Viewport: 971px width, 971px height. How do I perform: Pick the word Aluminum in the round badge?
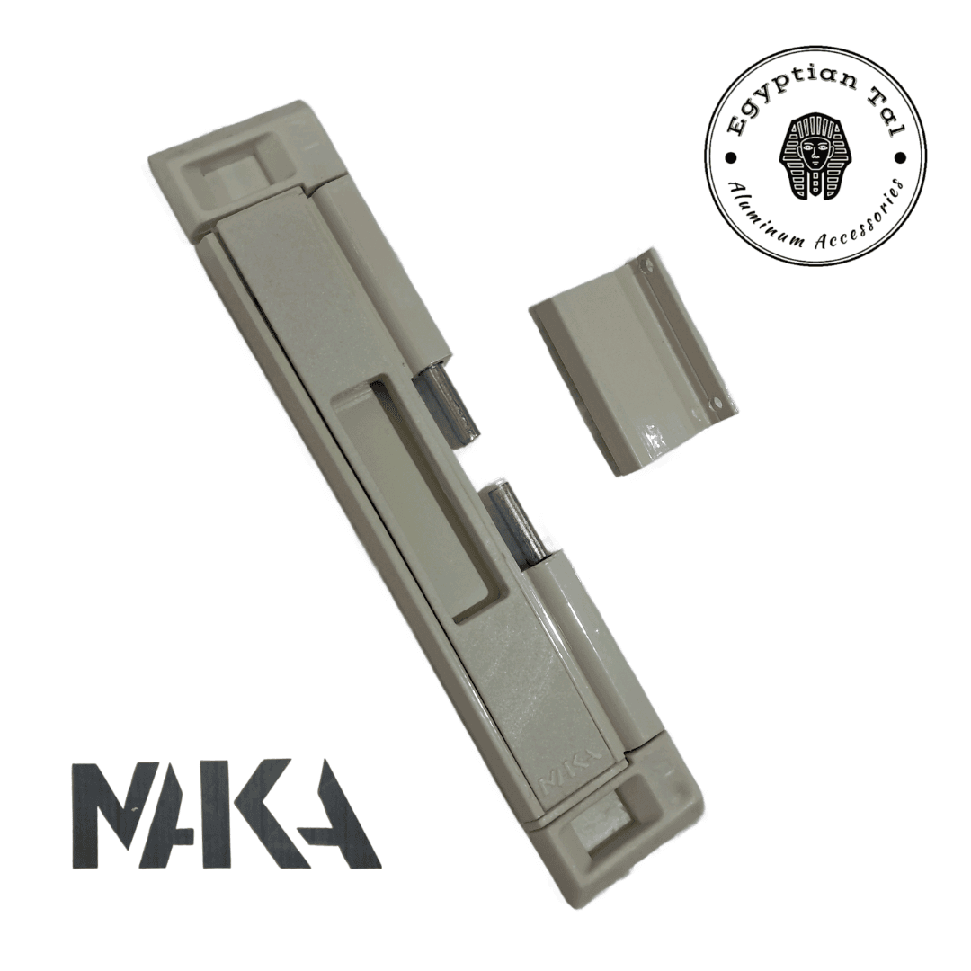click(761, 209)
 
